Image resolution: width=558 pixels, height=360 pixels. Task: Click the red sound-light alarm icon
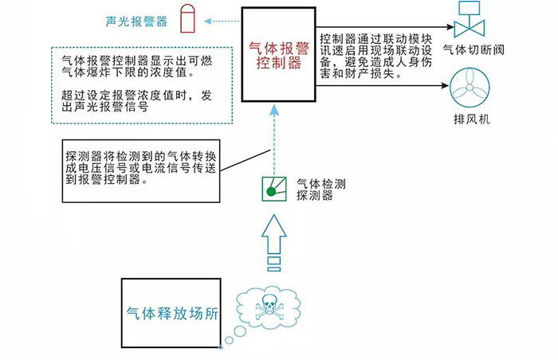pyautogui.click(x=187, y=20)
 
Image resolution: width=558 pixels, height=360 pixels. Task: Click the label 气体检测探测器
pyautogui.click(x=315, y=190)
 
